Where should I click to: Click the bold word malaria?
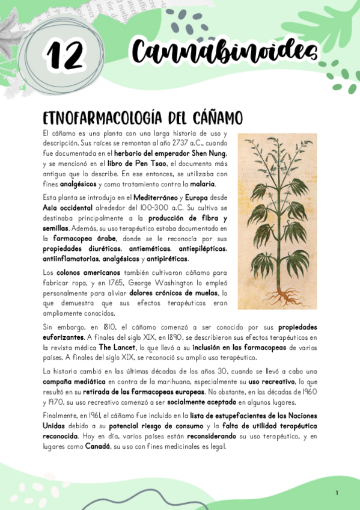203,183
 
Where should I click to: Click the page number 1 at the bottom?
337,493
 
